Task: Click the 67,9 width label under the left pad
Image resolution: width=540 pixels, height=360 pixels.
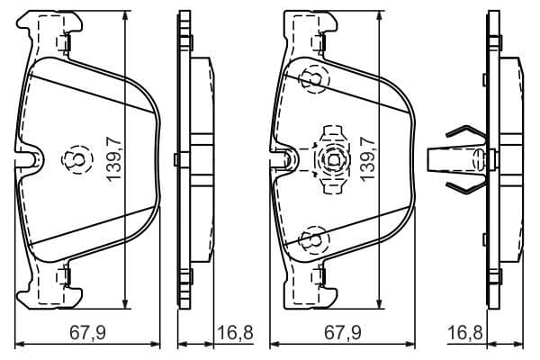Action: [87, 333]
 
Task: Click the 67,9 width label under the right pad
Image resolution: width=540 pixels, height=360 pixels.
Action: [341, 333]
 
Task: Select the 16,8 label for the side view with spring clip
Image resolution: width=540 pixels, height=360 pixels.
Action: [464, 333]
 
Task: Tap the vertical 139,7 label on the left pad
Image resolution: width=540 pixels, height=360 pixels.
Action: [113, 159]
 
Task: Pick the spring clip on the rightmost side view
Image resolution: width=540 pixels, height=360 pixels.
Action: [456, 159]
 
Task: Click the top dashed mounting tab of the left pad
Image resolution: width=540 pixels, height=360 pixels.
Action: [63, 42]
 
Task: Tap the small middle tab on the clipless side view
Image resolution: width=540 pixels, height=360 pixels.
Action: [181, 160]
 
